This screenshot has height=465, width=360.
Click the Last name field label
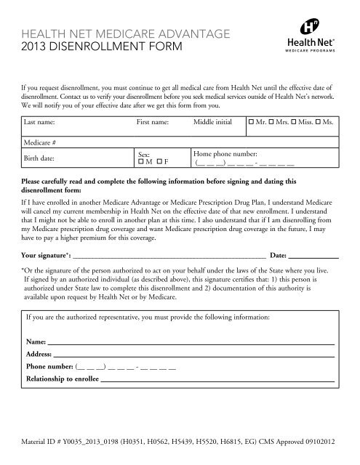tap(42, 124)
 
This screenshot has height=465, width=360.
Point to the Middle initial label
tap(212, 124)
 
